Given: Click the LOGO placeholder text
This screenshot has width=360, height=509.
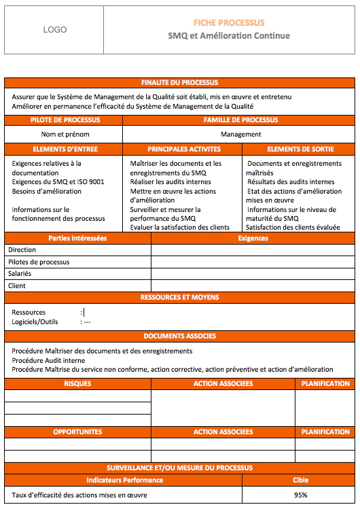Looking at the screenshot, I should pyautogui.click(x=54, y=30).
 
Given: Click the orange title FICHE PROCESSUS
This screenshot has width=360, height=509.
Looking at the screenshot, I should pyautogui.click(x=229, y=22).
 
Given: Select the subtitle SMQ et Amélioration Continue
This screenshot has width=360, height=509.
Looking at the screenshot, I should pyautogui.click(x=229, y=35).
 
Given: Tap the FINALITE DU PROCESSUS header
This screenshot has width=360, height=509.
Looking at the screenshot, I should pyautogui.click(x=179, y=82).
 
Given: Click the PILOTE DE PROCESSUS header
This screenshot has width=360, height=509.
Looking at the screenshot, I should pyautogui.click(x=65, y=120).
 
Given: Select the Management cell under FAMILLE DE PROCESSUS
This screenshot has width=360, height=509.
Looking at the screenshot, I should pyautogui.click(x=240, y=134).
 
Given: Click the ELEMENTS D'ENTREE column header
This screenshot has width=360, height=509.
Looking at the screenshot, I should pyautogui.click(x=65, y=149).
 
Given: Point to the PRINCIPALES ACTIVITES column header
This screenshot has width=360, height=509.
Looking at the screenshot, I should pyautogui.click(x=183, y=149).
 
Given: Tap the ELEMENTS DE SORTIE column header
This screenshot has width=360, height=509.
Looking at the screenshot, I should pyautogui.click(x=300, y=149).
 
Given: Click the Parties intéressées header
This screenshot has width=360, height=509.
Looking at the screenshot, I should pyautogui.click(x=77, y=239).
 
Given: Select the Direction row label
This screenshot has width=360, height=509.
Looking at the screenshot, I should pyautogui.click(x=22, y=250).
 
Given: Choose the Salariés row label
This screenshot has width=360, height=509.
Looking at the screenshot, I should pyautogui.click(x=20, y=273).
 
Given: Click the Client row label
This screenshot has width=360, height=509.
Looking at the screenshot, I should pyautogui.click(x=17, y=285).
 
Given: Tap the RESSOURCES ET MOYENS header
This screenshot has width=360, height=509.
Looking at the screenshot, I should pyautogui.click(x=179, y=297).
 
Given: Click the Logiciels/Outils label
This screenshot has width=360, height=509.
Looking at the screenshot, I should pyautogui.click(x=35, y=321).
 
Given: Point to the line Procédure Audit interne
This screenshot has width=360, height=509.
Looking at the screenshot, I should pyautogui.click(x=49, y=360).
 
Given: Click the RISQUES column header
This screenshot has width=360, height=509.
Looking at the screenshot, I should pyautogui.click(x=77, y=383).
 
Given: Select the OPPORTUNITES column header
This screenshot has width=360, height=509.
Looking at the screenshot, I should pyautogui.click(x=77, y=432).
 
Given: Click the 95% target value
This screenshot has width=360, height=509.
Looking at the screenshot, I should pyautogui.click(x=300, y=495).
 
